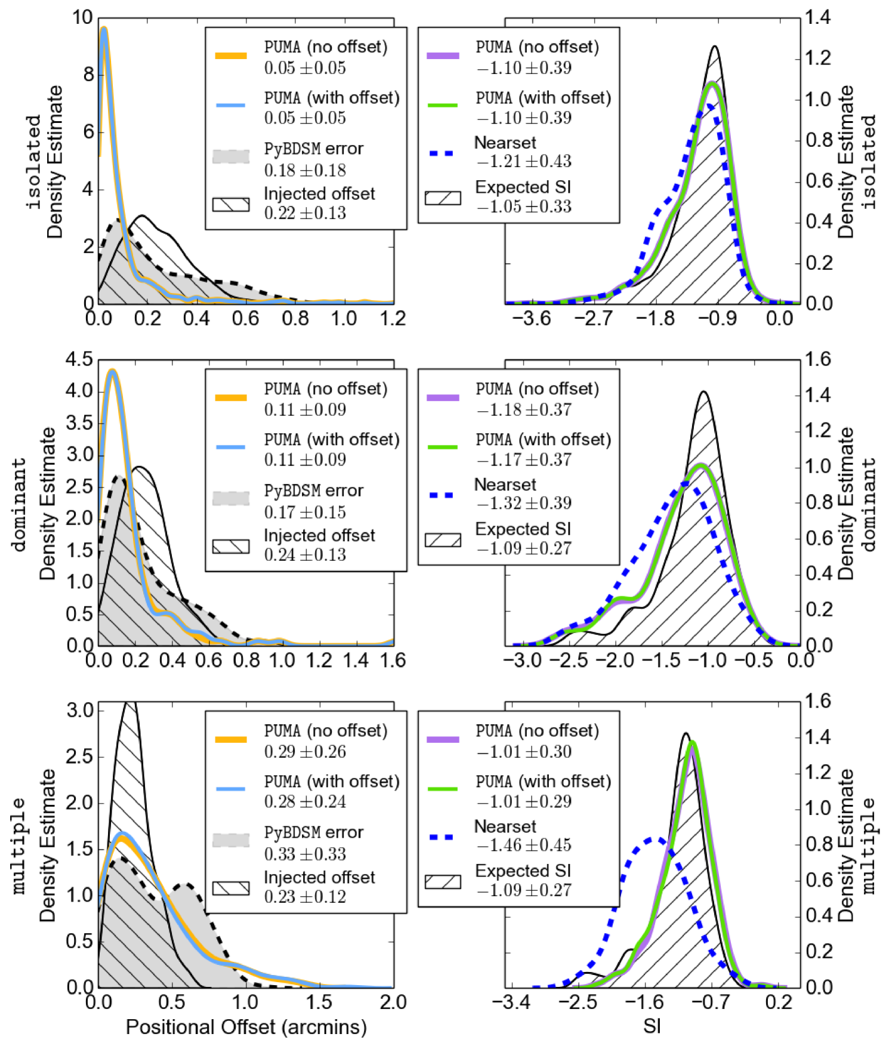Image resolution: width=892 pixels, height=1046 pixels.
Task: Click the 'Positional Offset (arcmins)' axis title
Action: [x=246, y=1026]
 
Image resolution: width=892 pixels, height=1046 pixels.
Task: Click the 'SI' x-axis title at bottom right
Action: [x=652, y=1026]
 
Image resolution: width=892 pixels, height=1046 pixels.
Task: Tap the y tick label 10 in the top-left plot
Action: [x=82, y=18]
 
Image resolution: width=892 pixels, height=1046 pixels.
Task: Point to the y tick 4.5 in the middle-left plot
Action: [x=79, y=360]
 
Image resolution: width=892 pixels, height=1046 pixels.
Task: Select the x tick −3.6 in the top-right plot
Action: [x=531, y=318]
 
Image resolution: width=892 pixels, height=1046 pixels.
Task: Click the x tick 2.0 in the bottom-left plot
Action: [x=393, y=1002]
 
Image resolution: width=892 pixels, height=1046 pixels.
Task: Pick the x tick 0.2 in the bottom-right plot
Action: [x=779, y=1002]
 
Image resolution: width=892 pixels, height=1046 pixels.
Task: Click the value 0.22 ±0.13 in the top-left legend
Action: [x=305, y=213]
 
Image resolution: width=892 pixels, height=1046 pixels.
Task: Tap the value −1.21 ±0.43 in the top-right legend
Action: [x=523, y=161]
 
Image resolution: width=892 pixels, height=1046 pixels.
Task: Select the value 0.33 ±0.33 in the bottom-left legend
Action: [x=305, y=854]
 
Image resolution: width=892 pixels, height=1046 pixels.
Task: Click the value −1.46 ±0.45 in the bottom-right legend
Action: [x=523, y=845]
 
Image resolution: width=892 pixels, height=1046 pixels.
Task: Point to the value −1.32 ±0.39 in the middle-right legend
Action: [x=523, y=503]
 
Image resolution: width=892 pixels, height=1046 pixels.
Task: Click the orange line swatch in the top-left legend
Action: [x=231, y=56]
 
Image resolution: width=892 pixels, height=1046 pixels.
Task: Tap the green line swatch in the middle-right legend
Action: [x=443, y=447]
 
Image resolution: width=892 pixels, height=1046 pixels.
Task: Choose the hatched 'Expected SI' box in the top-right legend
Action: [x=443, y=198]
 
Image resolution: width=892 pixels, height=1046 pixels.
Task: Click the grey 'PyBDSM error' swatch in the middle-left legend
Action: [x=231, y=498]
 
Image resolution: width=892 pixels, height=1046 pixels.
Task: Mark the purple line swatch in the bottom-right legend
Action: [x=443, y=739]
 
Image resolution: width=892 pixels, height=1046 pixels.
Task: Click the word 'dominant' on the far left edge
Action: [x=19, y=504]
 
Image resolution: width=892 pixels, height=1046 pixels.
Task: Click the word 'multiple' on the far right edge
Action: [x=869, y=846]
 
